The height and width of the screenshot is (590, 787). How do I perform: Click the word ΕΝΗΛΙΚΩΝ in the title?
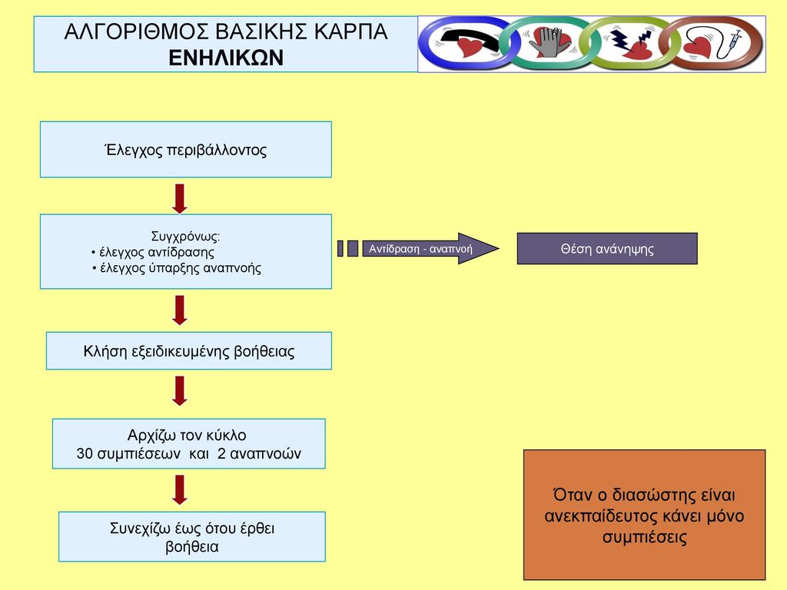click(226, 58)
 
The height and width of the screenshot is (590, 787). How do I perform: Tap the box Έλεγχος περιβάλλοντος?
click(186, 150)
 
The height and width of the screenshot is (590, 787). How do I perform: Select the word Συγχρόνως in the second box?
click(185, 237)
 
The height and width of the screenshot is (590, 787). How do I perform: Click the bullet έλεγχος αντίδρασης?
click(153, 252)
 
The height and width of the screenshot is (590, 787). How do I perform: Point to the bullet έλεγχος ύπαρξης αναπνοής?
click(177, 268)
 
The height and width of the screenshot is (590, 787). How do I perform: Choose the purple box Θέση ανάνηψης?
click(607, 248)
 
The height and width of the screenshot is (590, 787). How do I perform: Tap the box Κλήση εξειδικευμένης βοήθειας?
click(189, 350)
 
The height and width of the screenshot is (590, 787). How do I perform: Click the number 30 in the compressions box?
click(85, 453)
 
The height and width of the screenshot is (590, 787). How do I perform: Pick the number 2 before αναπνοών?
click(221, 453)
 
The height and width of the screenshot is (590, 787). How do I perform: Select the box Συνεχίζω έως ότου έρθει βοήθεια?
click(191, 537)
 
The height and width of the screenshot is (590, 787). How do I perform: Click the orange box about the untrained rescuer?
click(645, 515)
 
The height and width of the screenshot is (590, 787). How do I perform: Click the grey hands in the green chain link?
click(546, 42)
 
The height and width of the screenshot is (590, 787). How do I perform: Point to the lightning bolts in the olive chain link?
click(631, 39)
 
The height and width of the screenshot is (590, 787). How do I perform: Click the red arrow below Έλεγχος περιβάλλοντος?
click(180, 199)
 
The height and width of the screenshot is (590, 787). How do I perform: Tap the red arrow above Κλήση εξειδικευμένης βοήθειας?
click(180, 310)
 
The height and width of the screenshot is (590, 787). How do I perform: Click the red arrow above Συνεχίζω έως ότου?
click(180, 490)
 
